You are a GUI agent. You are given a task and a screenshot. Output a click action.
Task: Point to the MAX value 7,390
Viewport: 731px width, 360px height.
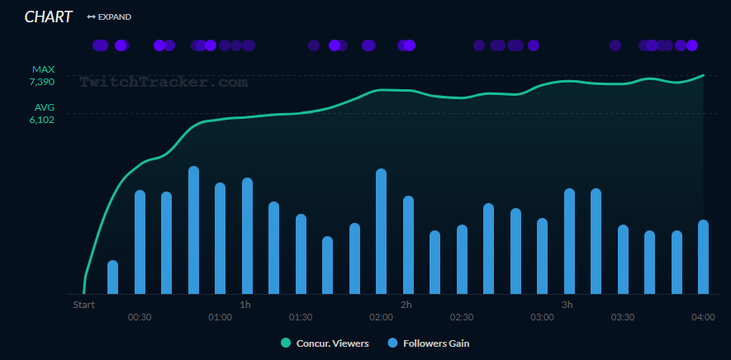(x=41, y=82)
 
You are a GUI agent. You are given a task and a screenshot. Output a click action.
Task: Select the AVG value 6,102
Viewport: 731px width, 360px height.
(x=41, y=119)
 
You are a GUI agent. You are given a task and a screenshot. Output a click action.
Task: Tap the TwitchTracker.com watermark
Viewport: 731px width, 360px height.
(x=164, y=82)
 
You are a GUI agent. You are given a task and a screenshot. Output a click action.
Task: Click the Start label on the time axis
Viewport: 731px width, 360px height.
(x=83, y=305)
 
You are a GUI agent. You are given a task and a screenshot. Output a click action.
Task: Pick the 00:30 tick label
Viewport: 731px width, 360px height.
(x=139, y=318)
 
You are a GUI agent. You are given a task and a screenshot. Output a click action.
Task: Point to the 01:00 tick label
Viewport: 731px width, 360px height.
(x=220, y=318)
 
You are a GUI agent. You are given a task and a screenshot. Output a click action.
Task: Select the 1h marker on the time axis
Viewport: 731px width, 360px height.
(x=245, y=305)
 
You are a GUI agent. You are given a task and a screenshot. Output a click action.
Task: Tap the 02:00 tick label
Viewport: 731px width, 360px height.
(x=381, y=318)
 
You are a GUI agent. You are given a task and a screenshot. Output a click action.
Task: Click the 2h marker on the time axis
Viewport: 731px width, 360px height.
(x=406, y=305)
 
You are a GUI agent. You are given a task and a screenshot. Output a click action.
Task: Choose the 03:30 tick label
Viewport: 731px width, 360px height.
(x=623, y=318)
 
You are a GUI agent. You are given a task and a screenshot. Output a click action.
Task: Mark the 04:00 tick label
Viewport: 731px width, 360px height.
(x=703, y=318)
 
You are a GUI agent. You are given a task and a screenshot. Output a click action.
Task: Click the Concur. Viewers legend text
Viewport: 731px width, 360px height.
(x=332, y=343)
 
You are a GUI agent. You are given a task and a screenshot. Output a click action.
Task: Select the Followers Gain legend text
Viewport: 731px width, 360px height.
(x=436, y=343)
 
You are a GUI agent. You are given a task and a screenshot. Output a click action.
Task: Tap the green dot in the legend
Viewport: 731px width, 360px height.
(x=286, y=343)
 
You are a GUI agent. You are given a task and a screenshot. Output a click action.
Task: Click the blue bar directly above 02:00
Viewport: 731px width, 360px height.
(x=381, y=231)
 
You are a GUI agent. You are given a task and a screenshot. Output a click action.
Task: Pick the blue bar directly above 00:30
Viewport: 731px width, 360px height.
(x=140, y=242)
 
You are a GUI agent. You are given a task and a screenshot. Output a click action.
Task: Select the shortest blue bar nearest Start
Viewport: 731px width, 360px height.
(x=112, y=277)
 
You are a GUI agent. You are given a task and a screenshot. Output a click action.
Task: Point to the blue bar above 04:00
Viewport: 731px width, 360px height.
(x=703, y=257)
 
